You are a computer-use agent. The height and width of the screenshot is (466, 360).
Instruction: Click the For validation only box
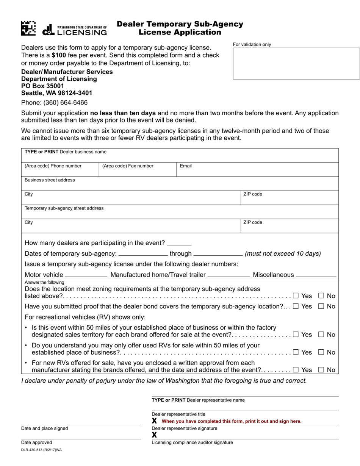(296, 63)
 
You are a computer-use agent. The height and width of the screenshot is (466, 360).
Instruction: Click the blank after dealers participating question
(179, 243)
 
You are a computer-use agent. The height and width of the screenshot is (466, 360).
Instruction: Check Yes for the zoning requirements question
(296, 296)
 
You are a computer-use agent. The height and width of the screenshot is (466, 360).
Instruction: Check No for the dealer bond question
(321, 306)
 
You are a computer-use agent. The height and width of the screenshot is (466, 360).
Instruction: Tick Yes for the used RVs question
(296, 352)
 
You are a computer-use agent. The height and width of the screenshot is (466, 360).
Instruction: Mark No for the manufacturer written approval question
(321, 370)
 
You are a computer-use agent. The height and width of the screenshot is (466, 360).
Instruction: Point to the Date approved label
(37, 443)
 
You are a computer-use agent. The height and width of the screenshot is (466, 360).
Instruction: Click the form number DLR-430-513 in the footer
(41, 450)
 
